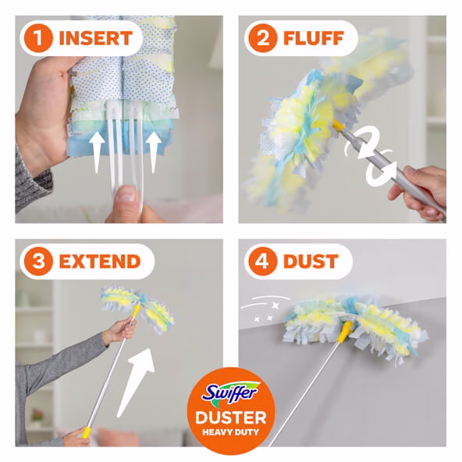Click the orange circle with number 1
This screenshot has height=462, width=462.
[x=38, y=38]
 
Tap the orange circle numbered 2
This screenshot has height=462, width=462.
[x=262, y=38]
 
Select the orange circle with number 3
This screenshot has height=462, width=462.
[x=38, y=261]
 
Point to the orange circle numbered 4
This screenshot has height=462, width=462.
[x=262, y=261]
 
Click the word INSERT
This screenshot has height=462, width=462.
[x=96, y=38]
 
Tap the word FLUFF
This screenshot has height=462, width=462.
[x=314, y=38]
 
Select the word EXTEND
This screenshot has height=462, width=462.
[x=100, y=261]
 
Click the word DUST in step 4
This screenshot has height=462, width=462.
[x=311, y=261]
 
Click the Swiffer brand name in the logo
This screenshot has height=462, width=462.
[x=230, y=393]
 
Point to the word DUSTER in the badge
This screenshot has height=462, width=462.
[x=231, y=418]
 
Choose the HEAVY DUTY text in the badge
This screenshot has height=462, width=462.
[x=230, y=432]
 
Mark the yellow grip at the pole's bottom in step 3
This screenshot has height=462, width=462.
[x=86, y=432]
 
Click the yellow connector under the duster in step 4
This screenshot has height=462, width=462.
[x=345, y=332]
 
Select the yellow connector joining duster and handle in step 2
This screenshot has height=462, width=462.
[x=339, y=126]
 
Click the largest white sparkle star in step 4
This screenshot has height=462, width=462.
[x=275, y=306]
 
